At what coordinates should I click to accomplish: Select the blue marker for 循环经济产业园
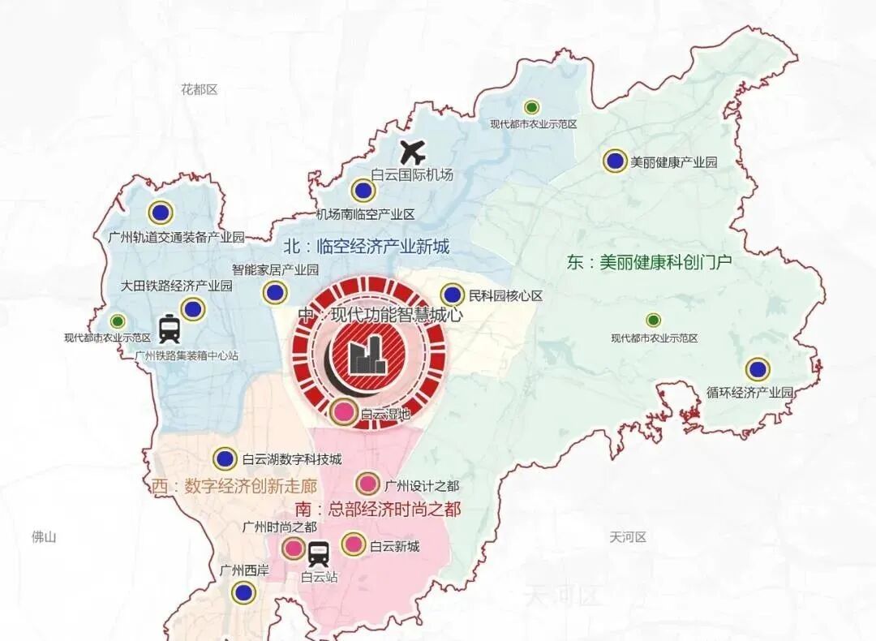[758, 370]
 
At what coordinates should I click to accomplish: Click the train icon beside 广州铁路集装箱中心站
[170, 329]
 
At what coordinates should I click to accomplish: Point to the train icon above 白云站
[319, 554]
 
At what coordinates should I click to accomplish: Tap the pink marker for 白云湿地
[344, 411]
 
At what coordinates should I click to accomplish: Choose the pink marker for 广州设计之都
[367, 484]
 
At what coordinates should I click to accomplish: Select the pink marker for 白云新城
[354, 544]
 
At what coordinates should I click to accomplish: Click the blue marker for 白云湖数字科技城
[225, 458]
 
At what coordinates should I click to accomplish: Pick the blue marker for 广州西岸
[241, 592]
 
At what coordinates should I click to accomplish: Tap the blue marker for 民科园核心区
[453, 295]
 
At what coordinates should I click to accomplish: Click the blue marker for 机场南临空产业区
[363, 191]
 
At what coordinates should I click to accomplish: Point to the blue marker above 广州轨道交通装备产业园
[161, 213]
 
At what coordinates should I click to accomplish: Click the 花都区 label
[200, 89]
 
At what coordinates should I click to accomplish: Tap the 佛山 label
[43, 536]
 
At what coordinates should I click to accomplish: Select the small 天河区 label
[627, 537]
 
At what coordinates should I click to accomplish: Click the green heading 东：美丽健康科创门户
[649, 263]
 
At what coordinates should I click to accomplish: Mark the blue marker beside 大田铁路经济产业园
[192, 309]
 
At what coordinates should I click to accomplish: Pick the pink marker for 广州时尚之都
[294, 549]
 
